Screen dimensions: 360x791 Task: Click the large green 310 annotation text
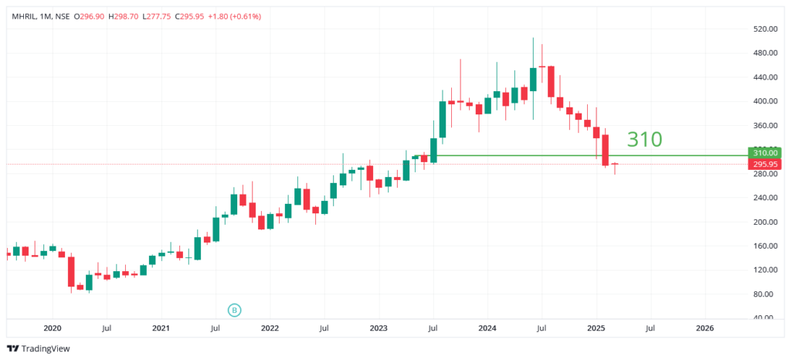pyautogui.click(x=644, y=140)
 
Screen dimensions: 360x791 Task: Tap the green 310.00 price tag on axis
pyautogui.click(x=764, y=153)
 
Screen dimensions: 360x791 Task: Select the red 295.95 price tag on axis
pyautogui.click(x=764, y=164)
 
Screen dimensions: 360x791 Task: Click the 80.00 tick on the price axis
pyautogui.click(x=763, y=294)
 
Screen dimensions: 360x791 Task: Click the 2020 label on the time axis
pyautogui.click(x=53, y=328)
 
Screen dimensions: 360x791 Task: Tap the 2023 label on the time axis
pyautogui.click(x=379, y=328)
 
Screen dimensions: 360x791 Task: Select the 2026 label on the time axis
pyautogui.click(x=704, y=328)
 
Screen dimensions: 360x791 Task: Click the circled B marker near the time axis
pyautogui.click(x=235, y=310)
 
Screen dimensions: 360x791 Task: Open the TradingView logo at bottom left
pyautogui.click(x=39, y=348)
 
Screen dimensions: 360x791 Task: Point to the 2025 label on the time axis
pyautogui.click(x=596, y=328)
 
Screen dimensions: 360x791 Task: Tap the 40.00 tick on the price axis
pyautogui.click(x=763, y=318)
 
